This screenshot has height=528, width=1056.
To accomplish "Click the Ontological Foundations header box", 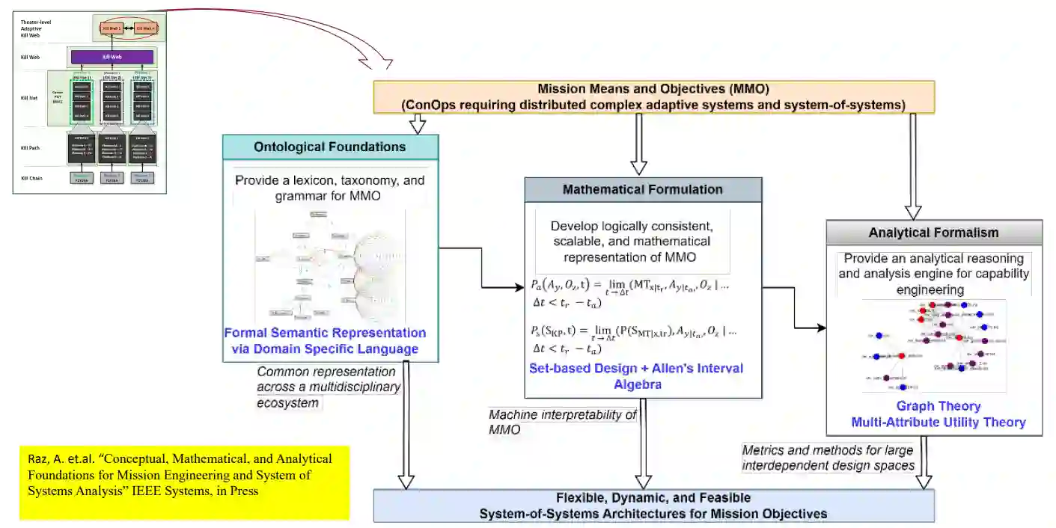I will coord(330,147).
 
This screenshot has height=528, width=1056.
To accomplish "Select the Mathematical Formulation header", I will coord(642,189).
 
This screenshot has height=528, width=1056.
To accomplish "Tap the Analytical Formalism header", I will coord(933,232).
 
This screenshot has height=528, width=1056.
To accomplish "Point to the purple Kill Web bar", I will coord(112,57).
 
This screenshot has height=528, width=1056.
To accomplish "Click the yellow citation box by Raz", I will coord(184,482).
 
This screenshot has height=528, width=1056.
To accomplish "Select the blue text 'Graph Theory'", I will coord(937,406).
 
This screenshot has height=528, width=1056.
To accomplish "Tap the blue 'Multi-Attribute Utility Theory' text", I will coord(938,423).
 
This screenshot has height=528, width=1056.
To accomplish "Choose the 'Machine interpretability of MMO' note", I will coord(561,422).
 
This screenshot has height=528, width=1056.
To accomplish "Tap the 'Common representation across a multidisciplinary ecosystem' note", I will coord(327,387).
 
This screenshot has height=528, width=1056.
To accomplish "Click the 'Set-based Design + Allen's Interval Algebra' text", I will coord(636,376).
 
